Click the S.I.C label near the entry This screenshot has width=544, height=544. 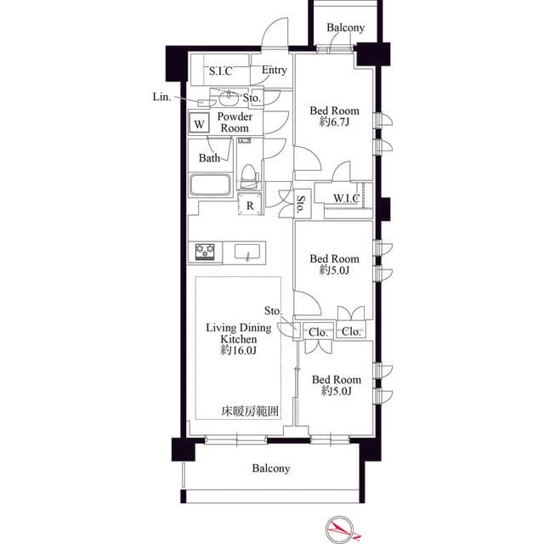[221, 71]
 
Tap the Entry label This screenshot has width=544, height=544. [274, 70]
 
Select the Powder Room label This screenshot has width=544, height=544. [235, 122]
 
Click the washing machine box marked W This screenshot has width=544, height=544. [199, 122]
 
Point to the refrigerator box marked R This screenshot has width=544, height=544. [250, 205]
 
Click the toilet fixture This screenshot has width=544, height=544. [248, 176]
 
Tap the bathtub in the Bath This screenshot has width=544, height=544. [210, 184]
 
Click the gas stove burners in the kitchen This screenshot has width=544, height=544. [205, 252]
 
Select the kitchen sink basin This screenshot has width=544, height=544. [247, 252]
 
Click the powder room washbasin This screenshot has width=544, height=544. [229, 99]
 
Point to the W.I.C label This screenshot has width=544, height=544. [346, 198]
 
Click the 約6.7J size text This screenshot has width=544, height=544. [334, 122]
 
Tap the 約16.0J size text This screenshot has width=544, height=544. [239, 350]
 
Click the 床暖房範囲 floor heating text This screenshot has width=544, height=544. [250, 411]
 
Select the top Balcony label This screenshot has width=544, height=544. [346, 27]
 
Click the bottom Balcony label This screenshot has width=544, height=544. [271, 468]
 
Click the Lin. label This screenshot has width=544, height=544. [162, 97]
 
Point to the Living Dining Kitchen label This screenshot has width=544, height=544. [239, 333]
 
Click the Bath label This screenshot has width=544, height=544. [209, 158]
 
